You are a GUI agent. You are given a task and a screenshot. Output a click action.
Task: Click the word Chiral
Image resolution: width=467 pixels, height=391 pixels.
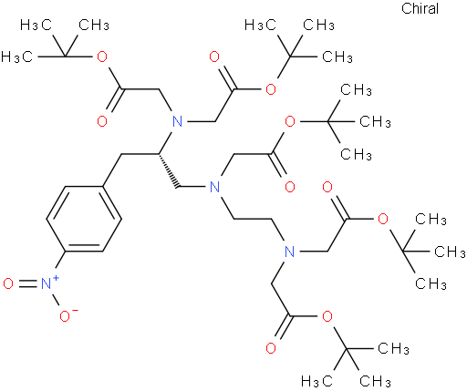(x=420, y=8)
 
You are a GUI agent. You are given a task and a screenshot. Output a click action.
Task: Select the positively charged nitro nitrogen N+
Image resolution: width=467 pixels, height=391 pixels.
(x=47, y=283)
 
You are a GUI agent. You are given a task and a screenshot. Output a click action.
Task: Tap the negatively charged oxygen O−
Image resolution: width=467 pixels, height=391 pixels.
(x=66, y=316)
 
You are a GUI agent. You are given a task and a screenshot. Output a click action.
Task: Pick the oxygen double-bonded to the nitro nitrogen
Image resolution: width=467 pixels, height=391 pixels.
(x=8, y=283)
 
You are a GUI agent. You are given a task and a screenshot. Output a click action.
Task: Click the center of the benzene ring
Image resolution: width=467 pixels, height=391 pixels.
(x=84, y=219)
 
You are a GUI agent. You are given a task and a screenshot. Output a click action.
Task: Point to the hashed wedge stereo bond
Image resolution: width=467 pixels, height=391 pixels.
(x=168, y=170)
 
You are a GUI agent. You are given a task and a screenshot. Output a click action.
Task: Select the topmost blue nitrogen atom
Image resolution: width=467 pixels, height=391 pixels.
(x=177, y=121)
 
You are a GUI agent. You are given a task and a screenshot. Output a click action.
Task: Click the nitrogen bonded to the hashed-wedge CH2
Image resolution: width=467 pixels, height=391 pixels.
(x=214, y=187)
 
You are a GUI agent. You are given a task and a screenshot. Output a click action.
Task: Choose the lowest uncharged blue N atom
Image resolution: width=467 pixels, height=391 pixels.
(x=290, y=252)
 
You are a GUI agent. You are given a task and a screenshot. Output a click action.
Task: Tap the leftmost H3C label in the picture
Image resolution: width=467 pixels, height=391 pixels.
(x=16, y=57)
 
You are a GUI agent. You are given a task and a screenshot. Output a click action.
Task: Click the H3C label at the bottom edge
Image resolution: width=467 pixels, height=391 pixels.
(x=317, y=381)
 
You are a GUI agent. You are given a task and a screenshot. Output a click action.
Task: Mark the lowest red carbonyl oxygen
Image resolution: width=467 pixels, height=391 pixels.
(x=271, y=348)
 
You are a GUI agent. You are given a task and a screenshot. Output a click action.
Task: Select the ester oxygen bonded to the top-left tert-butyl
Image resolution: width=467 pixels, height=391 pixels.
(x=102, y=57)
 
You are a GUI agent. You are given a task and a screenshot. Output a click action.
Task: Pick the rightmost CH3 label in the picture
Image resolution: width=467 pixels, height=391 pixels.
(x=451, y=252)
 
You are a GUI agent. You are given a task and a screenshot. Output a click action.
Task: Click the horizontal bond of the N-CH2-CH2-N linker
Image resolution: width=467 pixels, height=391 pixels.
(x=252, y=219)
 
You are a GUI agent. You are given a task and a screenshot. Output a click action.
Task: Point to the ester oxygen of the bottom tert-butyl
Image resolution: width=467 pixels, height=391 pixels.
(x=327, y=316)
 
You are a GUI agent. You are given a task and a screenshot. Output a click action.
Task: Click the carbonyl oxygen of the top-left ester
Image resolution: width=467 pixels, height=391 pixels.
(x=102, y=121)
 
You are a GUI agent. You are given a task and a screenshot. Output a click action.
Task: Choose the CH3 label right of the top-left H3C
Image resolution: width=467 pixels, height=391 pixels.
(x=94, y=25)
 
